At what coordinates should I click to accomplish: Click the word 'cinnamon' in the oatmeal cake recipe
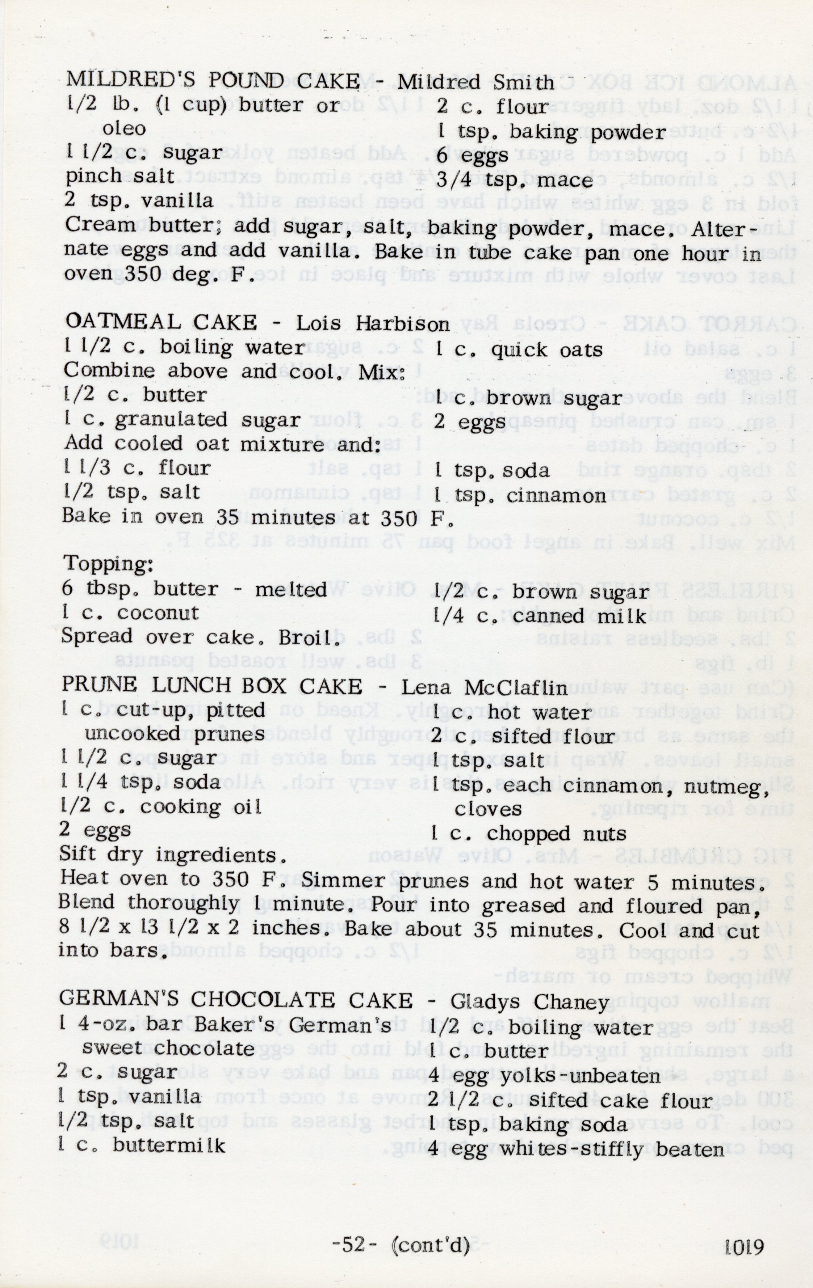click(x=556, y=496)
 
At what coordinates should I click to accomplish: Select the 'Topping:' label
click(x=109, y=564)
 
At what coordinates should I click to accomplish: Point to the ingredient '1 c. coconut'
click(x=131, y=613)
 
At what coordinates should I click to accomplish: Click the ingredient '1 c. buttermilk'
click(x=142, y=1145)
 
